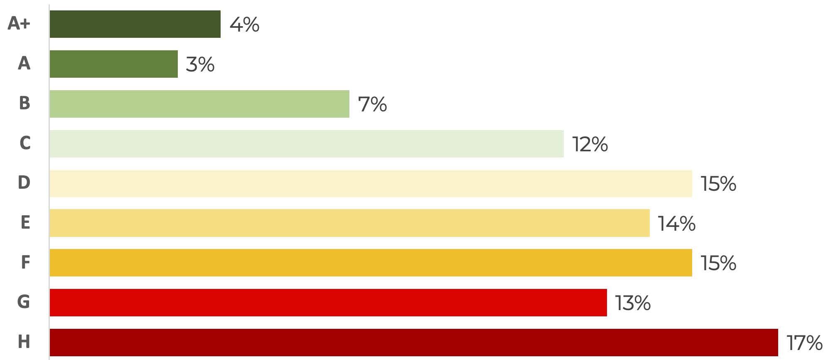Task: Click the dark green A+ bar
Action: tap(135, 24)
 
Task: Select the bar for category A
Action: tap(113, 64)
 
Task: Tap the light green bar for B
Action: tap(199, 104)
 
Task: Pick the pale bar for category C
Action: tap(307, 144)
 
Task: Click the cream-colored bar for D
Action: tap(371, 183)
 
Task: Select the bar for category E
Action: tap(349, 223)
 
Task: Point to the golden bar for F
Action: tap(371, 263)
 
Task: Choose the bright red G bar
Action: tap(328, 303)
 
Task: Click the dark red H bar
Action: tap(413, 343)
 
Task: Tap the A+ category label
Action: tap(19, 23)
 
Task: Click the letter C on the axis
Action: tap(25, 143)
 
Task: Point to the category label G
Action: tap(24, 301)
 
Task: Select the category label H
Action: tap(24, 342)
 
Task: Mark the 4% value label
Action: tap(244, 25)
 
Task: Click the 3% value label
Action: tap(200, 64)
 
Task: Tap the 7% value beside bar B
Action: tap(372, 104)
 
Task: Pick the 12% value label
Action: tap(590, 144)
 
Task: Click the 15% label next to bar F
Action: tap(718, 263)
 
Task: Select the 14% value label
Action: tap(676, 224)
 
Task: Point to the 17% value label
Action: tap(804, 343)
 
